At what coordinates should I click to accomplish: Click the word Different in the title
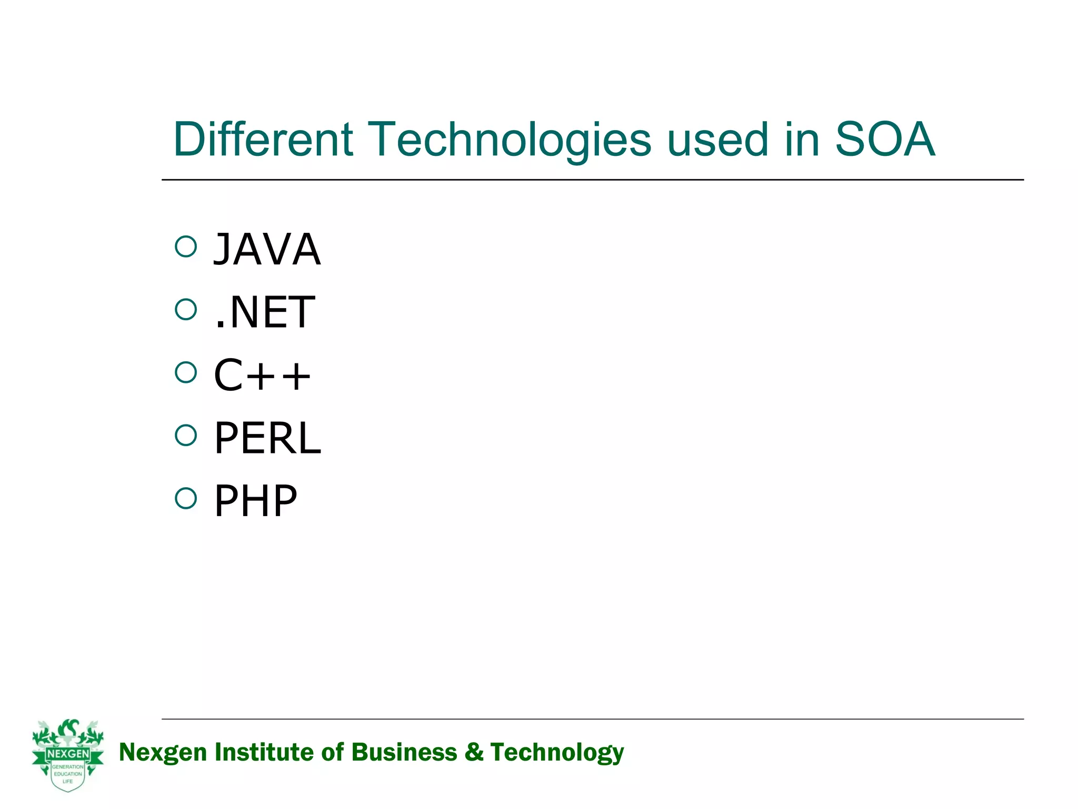pos(263,139)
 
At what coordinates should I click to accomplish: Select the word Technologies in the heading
pos(510,139)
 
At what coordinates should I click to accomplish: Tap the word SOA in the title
pos(885,139)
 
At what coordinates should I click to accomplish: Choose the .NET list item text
pos(265,312)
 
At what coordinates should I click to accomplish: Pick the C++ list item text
pos(262,375)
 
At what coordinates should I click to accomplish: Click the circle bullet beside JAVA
pos(186,246)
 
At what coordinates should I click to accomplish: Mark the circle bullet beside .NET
pos(186,309)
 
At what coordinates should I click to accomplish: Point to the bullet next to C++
pos(186,372)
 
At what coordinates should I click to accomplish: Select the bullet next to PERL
pos(186,435)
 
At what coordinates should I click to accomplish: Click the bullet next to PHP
pos(186,498)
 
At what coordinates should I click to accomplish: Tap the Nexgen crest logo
pos(68,755)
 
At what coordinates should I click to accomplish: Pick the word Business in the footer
pos(404,753)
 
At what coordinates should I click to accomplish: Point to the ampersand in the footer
pos(474,753)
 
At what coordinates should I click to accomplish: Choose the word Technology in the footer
pos(557,753)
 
